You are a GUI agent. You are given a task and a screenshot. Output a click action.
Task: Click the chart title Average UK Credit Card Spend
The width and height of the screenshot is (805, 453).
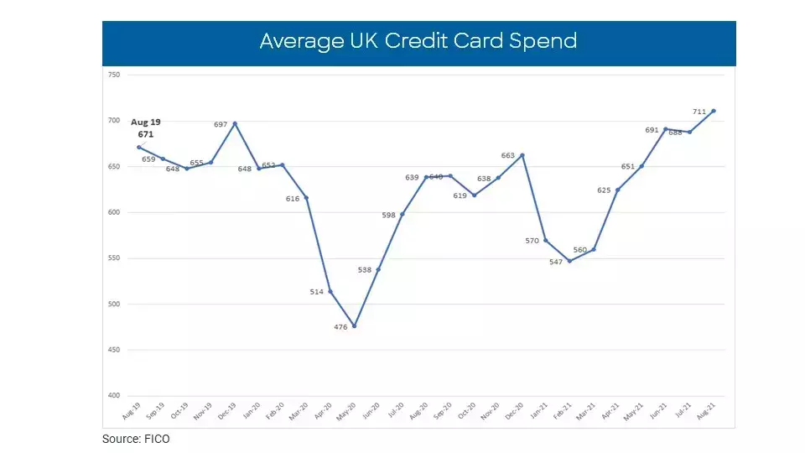[418, 41]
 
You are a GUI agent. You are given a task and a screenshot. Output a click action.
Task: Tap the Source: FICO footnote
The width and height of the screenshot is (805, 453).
[136, 439]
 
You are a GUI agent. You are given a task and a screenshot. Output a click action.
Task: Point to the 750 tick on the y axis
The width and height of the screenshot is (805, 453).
[114, 75]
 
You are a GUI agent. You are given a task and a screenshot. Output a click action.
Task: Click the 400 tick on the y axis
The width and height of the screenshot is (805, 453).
[114, 395]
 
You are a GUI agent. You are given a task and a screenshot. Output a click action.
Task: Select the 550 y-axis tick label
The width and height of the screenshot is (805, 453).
[114, 258]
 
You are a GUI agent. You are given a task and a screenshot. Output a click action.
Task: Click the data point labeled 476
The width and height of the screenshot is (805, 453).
[354, 326]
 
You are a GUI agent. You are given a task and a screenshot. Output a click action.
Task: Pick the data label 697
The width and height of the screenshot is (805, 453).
[221, 125]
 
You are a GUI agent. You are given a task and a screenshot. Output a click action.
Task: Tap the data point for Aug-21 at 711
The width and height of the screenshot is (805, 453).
[714, 111]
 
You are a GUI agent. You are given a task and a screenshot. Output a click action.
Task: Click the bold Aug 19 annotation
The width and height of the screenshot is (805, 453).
[145, 122]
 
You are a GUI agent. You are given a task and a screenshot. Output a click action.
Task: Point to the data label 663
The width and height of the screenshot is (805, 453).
[508, 155]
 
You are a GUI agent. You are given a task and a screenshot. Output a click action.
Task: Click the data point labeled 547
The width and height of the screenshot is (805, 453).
[570, 261]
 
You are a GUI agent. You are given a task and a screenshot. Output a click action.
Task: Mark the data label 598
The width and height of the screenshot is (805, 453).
[388, 215]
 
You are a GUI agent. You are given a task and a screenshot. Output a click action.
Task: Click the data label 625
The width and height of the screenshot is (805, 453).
[603, 190]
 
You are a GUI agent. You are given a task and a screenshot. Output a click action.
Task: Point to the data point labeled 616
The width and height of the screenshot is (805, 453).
[306, 198]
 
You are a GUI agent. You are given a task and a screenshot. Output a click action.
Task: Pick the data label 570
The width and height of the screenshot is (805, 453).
[531, 241]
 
